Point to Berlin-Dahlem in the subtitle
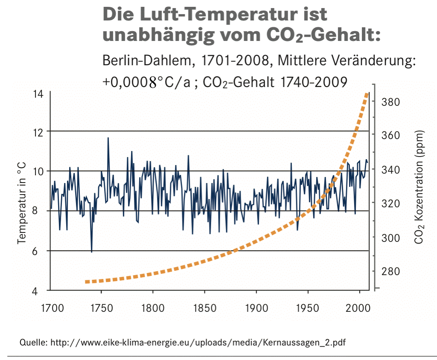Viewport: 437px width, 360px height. (x=145, y=61)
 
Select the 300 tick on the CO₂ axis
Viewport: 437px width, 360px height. (x=387, y=238)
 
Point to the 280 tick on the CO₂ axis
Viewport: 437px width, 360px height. (x=387, y=271)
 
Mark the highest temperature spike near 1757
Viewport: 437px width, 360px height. (x=108, y=138)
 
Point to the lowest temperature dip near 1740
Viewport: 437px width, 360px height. (x=91, y=252)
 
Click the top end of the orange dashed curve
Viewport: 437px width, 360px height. (x=366, y=94)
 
